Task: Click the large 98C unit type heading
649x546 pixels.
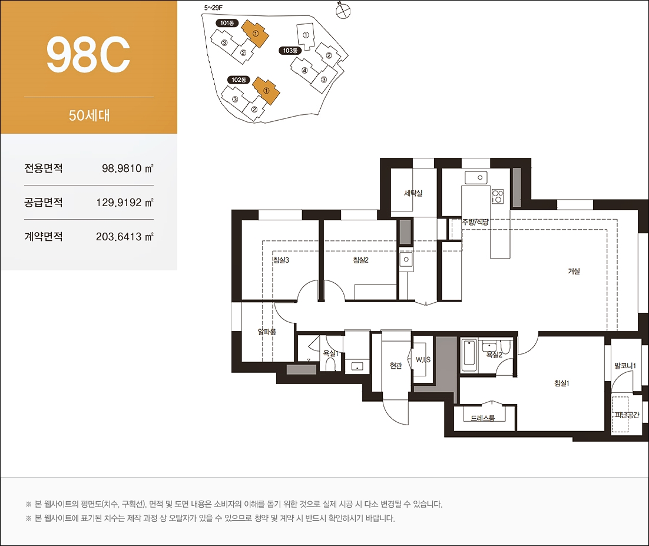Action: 88,55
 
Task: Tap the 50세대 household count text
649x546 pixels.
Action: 89,115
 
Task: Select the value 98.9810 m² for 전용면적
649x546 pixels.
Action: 127,168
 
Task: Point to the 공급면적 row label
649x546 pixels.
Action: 44,203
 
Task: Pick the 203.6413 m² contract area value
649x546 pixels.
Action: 125,236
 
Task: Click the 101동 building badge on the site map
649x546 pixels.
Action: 227,23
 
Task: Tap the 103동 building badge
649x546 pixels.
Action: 290,51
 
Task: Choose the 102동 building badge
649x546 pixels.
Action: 239,80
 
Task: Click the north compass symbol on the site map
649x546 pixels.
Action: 343,12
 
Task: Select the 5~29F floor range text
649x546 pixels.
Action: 213,8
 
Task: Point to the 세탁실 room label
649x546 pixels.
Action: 413,193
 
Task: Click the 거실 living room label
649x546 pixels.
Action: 574,271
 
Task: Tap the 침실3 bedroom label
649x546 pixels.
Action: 281,260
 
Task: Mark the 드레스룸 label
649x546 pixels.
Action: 482,418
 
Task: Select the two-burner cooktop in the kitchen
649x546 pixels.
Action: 498,196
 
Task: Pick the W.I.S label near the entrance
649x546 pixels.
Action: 423,360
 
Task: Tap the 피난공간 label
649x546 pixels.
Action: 627,415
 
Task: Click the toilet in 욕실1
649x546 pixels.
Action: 330,364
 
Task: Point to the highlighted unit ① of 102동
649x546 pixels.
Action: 266,90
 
